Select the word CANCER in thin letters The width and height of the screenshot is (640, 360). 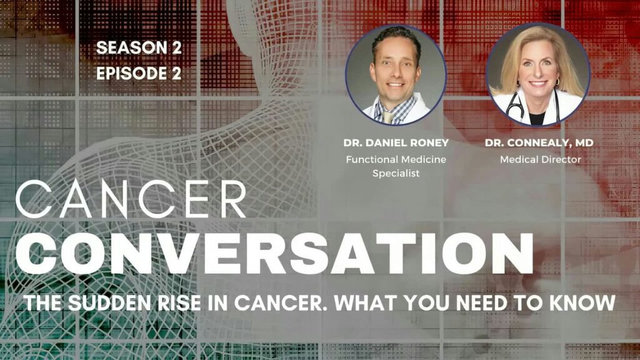click(x=131, y=199)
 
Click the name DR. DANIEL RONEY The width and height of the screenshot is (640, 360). click(x=396, y=143)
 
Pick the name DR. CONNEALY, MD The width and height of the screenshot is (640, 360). click(x=539, y=143)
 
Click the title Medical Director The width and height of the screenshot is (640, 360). click(x=541, y=159)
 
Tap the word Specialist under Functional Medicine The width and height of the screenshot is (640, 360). click(x=396, y=174)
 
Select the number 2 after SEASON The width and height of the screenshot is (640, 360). click(x=176, y=47)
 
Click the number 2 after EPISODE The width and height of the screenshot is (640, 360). click(x=176, y=74)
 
